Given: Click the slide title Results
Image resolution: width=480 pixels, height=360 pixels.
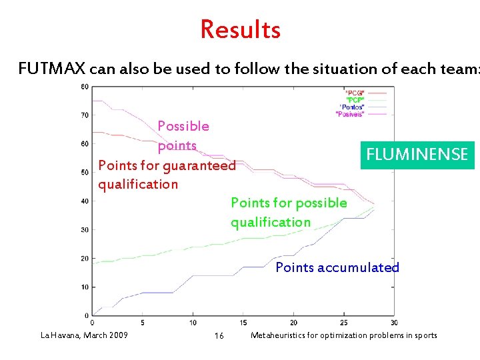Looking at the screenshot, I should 240,30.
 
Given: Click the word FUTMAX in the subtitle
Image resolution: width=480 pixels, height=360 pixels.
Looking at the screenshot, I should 51,69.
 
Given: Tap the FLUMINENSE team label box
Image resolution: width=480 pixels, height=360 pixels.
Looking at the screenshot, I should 417,155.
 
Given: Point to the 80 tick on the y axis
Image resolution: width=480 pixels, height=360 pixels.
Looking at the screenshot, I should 85,87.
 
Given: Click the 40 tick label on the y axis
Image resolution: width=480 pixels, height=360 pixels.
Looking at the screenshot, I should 85,201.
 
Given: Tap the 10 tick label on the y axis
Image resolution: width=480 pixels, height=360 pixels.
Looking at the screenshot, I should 85,287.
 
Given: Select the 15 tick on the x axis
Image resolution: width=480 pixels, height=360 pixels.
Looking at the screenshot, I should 243,323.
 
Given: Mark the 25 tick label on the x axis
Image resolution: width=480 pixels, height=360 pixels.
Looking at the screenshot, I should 344,323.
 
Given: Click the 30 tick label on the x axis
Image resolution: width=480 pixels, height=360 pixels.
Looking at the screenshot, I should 394,323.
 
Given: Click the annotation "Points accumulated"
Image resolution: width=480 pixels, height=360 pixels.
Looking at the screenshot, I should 337,268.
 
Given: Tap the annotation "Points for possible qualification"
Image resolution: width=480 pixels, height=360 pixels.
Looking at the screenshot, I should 289,213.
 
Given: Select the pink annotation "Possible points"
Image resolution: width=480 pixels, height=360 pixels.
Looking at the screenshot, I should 183,136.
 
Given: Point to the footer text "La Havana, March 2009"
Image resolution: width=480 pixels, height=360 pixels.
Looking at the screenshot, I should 84,335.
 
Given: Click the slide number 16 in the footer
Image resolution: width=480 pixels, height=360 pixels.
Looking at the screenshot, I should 219,336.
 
